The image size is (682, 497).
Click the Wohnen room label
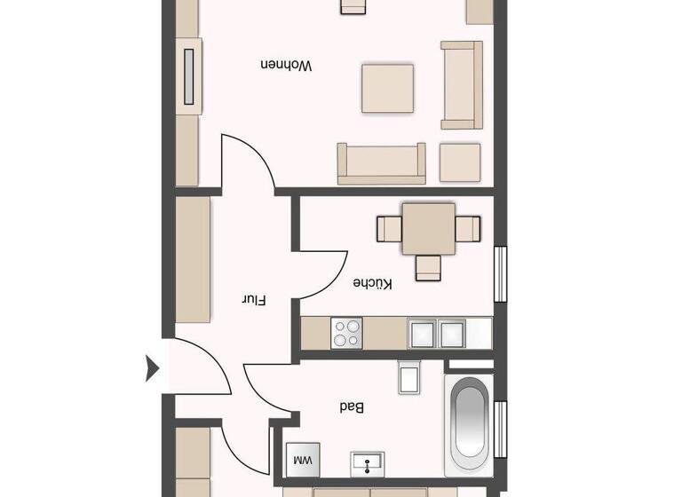tap(286, 66)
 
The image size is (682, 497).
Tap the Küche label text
tap(372, 283)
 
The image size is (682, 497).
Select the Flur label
tap(255, 300)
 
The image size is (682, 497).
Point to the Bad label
tap(352, 407)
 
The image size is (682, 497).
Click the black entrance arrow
tap(152, 367)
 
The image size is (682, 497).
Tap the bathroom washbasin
tap(367, 462)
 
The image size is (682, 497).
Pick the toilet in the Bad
tap(409, 377)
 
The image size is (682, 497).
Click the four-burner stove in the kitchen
tap(346, 334)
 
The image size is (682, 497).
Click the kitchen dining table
tap(429, 229)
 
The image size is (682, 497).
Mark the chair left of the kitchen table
tap(389, 229)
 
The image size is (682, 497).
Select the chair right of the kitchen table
tap(468, 229)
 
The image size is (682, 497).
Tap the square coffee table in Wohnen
tap(387, 88)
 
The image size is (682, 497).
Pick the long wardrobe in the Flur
tap(194, 260)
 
